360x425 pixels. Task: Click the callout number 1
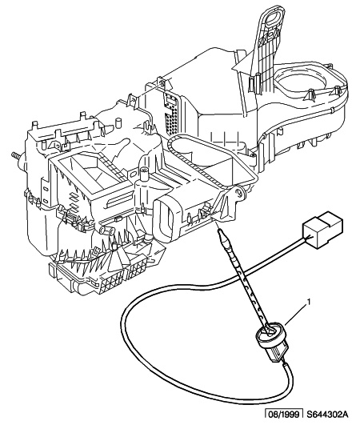(x=308, y=302)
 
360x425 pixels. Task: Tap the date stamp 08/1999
(x=284, y=415)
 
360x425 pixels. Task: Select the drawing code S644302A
(x=327, y=415)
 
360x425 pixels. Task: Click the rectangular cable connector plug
(x=322, y=229)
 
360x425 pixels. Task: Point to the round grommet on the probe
(x=270, y=335)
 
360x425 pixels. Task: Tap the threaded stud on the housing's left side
(x=15, y=158)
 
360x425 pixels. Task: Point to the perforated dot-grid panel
(x=170, y=113)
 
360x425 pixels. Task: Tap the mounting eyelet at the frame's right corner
(x=239, y=192)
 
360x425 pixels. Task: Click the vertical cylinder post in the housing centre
(x=143, y=178)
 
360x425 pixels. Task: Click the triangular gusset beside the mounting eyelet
(x=226, y=205)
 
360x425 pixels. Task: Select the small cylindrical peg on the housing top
(x=118, y=122)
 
